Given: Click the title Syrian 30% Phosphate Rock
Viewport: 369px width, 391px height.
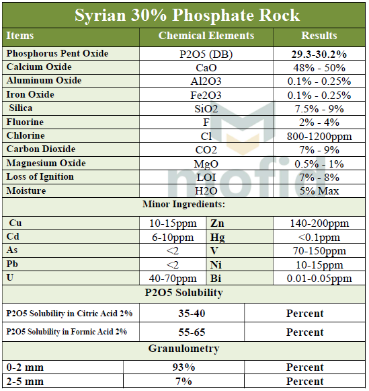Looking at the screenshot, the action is pyautogui.click(x=188, y=15).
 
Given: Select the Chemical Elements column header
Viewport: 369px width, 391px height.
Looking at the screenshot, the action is pyautogui.click(x=206, y=36).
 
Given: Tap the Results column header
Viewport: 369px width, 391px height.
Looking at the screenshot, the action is pyautogui.click(x=319, y=36).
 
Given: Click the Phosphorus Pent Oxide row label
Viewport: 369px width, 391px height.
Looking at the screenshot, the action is pyautogui.click(x=57, y=54).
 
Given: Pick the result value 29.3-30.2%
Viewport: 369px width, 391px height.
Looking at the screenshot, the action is pyautogui.click(x=319, y=54).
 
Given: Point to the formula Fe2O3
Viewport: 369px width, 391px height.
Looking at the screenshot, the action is pyautogui.click(x=206, y=95).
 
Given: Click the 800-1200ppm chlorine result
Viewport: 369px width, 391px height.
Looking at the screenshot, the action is pyautogui.click(x=319, y=136).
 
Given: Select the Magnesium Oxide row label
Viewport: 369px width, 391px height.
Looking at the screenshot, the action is pyautogui.click(x=46, y=164).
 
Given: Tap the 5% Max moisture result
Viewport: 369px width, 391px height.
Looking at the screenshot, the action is pyautogui.click(x=319, y=191).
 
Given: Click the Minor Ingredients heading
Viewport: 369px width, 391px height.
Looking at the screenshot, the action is pyautogui.click(x=183, y=205).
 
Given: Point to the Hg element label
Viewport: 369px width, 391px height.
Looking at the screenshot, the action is pyautogui.click(x=218, y=237).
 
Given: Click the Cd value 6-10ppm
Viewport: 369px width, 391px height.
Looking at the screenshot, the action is pyautogui.click(x=172, y=237).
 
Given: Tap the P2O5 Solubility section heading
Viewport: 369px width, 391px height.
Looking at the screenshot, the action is pyautogui.click(x=183, y=293).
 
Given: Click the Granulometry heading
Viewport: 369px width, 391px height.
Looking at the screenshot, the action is pyautogui.click(x=183, y=349).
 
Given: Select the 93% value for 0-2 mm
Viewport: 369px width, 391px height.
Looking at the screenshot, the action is pyautogui.click(x=183, y=367).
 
